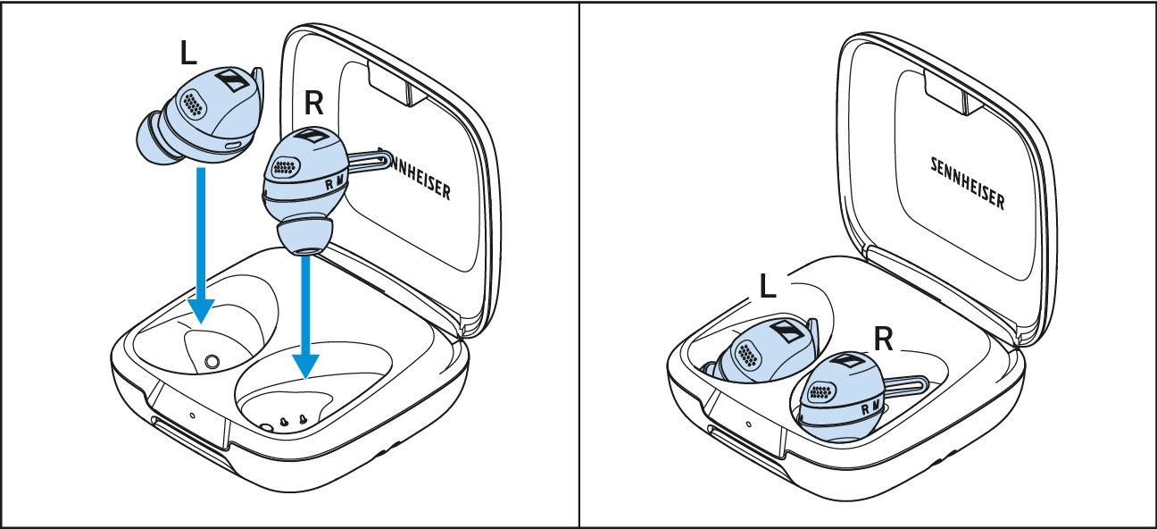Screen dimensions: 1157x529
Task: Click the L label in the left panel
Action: point(188,54)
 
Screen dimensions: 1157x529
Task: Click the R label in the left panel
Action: point(314,103)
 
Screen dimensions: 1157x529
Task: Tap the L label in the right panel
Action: point(768,286)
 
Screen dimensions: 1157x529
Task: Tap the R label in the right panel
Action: point(883,340)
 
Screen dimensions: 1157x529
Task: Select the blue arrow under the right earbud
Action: point(306,317)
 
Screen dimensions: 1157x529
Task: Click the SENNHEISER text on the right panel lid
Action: point(968,183)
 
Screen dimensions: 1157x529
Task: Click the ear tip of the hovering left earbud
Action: point(154,139)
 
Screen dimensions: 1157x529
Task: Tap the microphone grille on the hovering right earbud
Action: point(286,166)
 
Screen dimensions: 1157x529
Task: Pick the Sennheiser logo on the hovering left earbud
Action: point(231,80)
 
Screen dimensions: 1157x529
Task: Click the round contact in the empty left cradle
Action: point(212,362)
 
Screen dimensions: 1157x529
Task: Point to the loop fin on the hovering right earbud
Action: point(370,160)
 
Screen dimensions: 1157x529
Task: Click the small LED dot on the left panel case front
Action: point(192,416)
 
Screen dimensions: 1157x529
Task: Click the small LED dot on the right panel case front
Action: point(748,424)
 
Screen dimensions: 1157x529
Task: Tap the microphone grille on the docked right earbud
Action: point(822,392)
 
